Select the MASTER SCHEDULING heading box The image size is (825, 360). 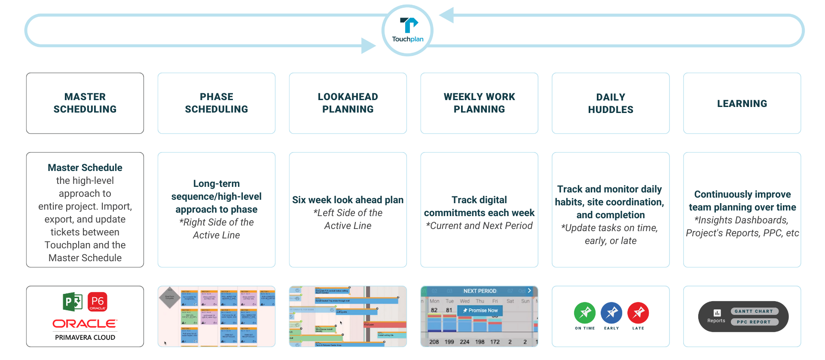pos(85,103)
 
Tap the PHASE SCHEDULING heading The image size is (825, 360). pos(217,103)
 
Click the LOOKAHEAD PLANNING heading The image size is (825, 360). pos(348,103)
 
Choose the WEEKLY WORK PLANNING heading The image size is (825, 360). pos(479,103)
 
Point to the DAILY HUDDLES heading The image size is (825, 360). pos(611,104)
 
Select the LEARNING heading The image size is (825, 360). pos(742,104)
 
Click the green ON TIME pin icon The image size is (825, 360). pos(585,313)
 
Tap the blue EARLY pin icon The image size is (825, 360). pos(611,313)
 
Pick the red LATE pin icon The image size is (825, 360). pos(638,313)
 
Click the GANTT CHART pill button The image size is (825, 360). pos(754,311)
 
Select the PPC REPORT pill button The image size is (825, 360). pos(754,322)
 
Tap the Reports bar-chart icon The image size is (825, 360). pos(717,313)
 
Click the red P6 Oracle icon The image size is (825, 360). pos(98,302)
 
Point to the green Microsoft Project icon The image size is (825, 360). pos(72,302)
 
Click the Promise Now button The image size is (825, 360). pos(480,310)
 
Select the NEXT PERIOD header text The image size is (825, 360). pos(480,291)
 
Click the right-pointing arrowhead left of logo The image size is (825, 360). pos(368,46)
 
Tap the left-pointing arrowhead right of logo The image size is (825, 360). pos(447,15)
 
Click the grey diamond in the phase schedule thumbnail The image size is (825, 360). pos(170,297)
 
